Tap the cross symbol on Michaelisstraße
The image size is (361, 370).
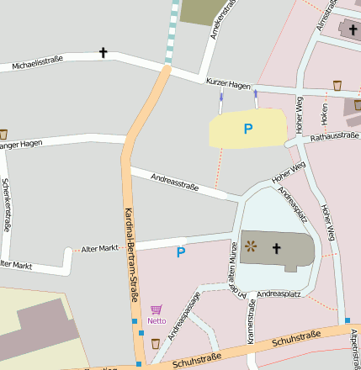(x=104, y=53)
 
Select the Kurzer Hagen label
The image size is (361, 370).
(x=228, y=83)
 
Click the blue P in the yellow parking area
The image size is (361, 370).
(x=247, y=129)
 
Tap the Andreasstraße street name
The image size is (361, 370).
(x=174, y=181)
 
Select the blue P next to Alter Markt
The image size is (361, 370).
(x=180, y=251)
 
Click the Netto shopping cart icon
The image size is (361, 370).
(x=156, y=309)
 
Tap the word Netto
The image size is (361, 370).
(x=157, y=320)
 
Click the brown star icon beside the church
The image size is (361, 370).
(x=251, y=246)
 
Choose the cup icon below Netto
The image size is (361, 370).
(x=156, y=343)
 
